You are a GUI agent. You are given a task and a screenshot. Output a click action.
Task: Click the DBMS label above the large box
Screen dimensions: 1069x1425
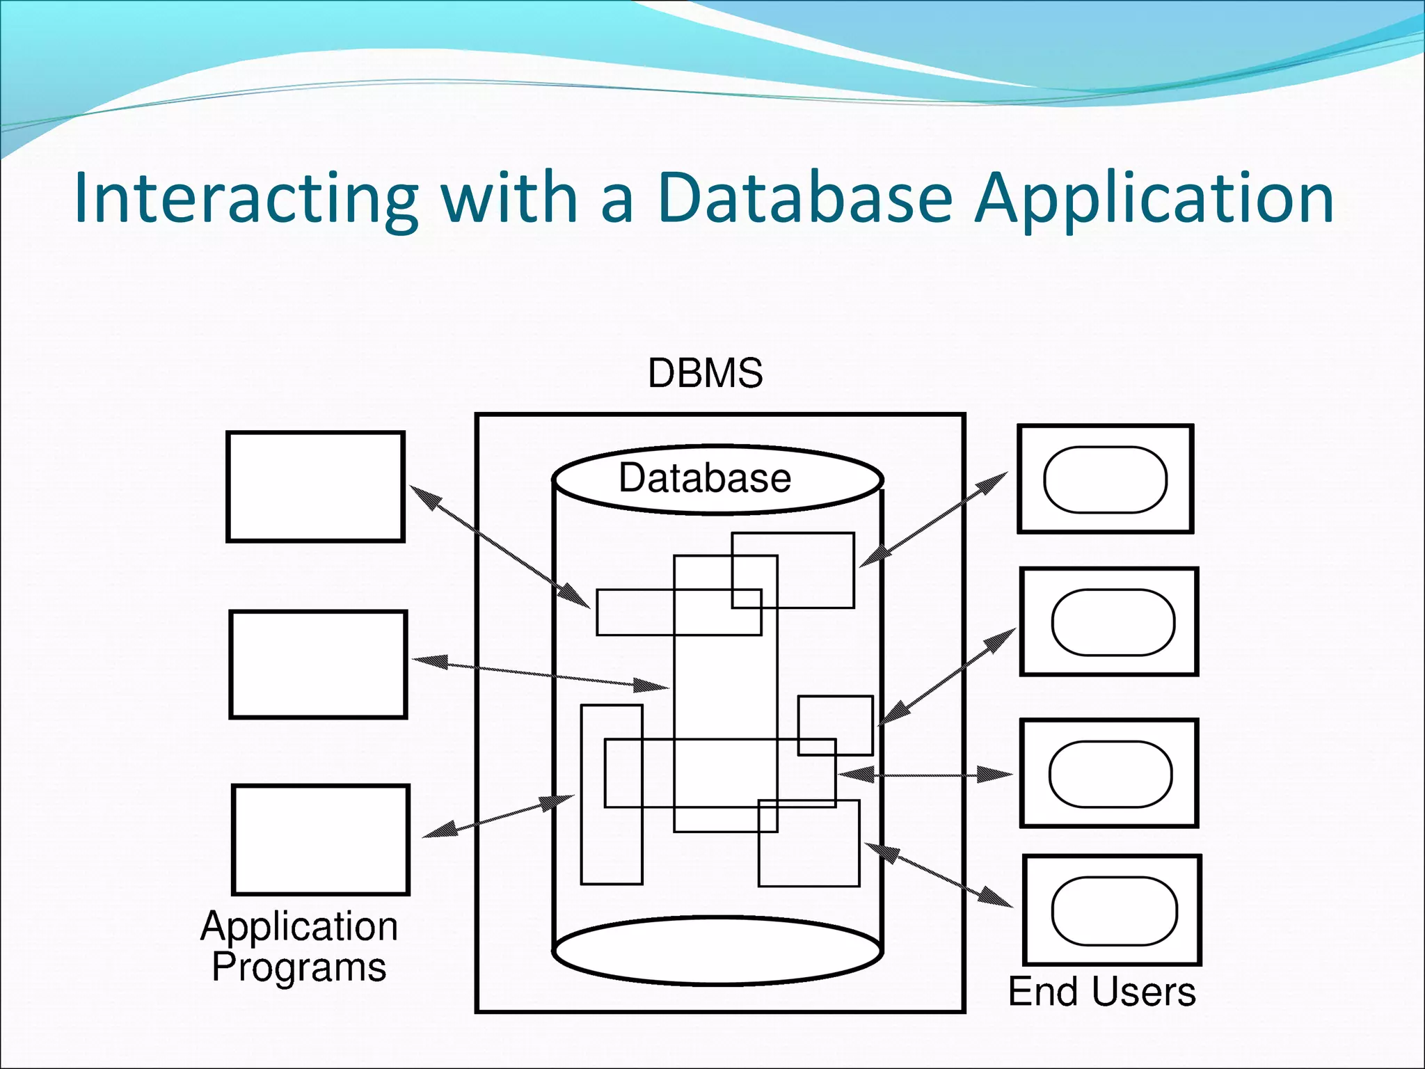705,373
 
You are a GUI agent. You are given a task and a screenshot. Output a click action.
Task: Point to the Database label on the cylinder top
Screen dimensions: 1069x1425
705,478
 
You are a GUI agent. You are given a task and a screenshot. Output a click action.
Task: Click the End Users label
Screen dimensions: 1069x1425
1101,992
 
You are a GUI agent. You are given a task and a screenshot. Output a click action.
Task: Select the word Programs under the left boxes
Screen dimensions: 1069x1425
298,967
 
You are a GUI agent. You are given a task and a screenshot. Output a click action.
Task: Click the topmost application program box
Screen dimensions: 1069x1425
315,486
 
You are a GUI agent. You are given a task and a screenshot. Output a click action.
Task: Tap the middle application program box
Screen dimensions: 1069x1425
318,665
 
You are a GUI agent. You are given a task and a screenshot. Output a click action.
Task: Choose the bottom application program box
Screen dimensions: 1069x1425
320,839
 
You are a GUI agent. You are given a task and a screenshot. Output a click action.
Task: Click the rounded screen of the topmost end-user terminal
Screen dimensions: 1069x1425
1105,480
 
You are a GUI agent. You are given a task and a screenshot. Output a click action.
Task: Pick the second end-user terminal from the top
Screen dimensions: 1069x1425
1108,621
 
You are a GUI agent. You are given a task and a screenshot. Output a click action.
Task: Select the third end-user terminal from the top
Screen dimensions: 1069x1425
1108,773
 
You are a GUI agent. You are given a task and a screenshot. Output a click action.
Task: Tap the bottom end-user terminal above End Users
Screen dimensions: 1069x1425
1112,910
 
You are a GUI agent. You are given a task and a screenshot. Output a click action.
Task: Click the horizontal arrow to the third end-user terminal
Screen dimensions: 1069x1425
925,775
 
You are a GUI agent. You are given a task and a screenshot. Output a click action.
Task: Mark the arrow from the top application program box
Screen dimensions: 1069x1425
499,547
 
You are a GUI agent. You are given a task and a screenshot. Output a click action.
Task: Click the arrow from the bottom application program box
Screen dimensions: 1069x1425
498,816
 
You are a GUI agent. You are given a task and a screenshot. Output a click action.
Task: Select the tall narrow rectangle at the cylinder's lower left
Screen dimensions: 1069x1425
612,794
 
